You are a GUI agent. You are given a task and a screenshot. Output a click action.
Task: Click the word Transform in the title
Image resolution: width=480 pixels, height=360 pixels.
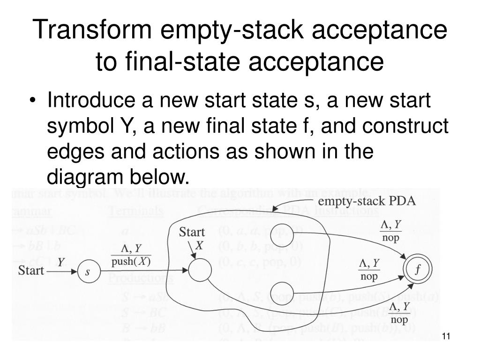click(93, 30)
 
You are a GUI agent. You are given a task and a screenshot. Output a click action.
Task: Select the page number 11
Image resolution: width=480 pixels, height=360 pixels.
click(446, 336)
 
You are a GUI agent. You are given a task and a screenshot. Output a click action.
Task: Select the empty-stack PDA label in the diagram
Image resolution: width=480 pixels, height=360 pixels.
click(367, 202)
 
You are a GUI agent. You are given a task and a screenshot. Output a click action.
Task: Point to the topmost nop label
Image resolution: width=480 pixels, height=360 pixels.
click(390, 238)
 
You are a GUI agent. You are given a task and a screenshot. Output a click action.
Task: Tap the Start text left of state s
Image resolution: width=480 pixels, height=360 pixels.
click(31, 271)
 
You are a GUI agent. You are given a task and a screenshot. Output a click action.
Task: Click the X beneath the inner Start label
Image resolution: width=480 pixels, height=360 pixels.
click(199, 245)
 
